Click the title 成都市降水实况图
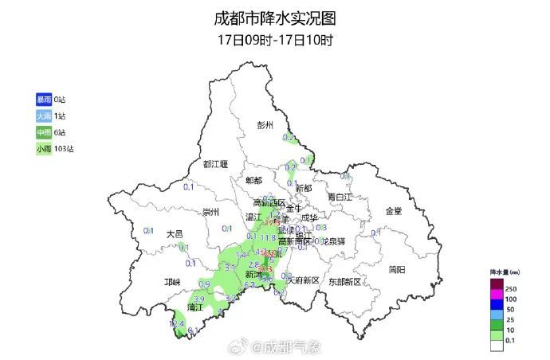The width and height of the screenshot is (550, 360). [275, 18]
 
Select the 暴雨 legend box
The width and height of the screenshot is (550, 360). [43, 100]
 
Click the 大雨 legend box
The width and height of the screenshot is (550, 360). [43, 116]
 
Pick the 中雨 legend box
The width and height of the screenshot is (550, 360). [43, 132]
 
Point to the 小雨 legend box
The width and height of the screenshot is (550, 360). [43, 149]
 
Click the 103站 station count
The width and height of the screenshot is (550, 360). [65, 149]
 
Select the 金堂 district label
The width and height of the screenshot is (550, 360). [394, 211]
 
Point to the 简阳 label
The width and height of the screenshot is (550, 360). [397, 269]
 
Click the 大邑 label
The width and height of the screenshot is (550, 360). [175, 234]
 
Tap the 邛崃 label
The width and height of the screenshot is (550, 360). [172, 282]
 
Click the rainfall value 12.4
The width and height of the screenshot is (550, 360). [178, 324]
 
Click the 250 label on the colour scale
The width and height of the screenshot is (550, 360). [511, 288]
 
